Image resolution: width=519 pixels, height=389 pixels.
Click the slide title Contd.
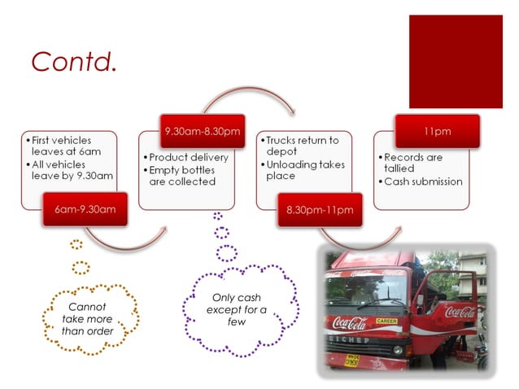(x=74, y=61)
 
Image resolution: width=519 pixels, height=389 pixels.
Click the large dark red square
(x=455, y=61)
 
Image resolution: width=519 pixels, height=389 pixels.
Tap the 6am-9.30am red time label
(x=85, y=209)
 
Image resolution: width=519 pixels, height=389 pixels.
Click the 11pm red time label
(x=437, y=130)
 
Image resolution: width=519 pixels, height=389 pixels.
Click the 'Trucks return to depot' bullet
(x=302, y=146)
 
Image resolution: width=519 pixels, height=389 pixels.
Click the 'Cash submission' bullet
(x=423, y=181)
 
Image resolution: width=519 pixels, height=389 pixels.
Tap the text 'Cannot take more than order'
(x=88, y=318)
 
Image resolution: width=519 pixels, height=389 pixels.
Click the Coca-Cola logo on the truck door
(x=460, y=312)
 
